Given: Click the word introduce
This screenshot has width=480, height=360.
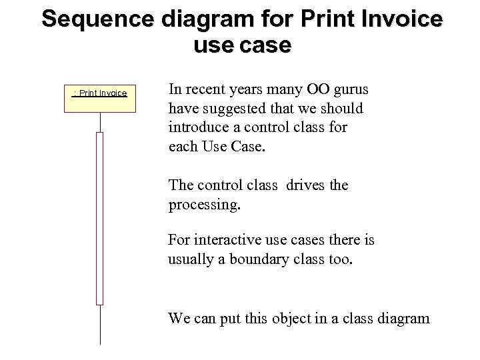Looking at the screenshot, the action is coord(199,127).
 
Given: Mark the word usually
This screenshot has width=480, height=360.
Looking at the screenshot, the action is coord(190,259).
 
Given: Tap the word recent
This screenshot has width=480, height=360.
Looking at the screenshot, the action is coord(206,89).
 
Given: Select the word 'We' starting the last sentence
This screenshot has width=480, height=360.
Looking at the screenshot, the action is coord(178,318).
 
